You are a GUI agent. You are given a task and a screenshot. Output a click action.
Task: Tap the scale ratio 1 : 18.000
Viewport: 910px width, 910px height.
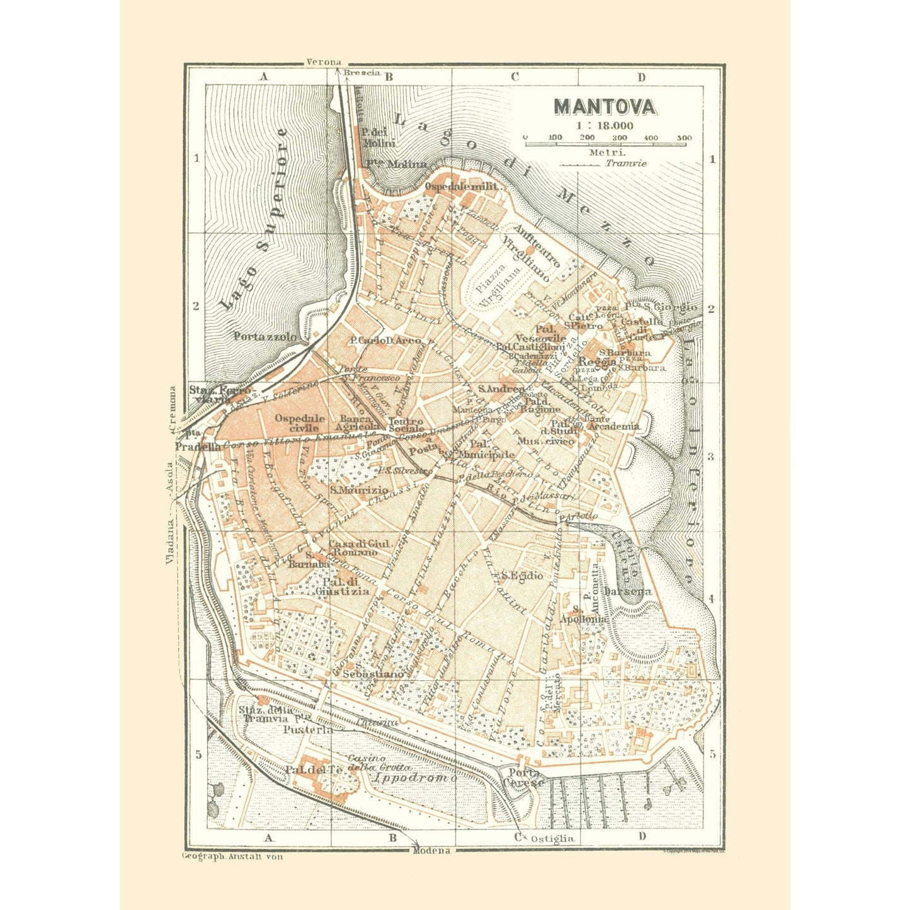(x=603, y=126)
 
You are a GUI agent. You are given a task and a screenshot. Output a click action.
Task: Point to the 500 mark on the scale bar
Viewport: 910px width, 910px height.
(x=684, y=138)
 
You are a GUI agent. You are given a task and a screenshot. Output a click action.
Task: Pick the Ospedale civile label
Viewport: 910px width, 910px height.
(x=300, y=423)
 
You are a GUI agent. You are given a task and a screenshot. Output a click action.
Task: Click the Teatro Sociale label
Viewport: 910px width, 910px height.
(x=406, y=424)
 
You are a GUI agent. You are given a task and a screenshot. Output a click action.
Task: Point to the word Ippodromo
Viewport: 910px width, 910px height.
(x=414, y=778)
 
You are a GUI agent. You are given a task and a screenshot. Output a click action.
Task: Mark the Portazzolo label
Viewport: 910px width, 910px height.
(x=264, y=336)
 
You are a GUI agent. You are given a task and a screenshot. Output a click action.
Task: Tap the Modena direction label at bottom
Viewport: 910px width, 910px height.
(x=431, y=851)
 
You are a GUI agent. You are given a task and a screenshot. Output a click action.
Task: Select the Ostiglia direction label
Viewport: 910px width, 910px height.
(x=552, y=838)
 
